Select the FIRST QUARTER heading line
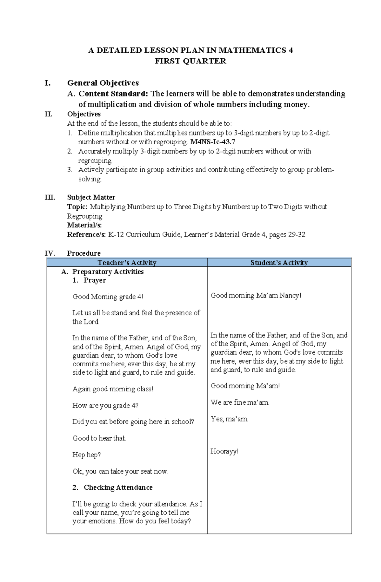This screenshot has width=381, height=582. pos(190,61)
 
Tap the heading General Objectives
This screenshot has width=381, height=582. pos(103,83)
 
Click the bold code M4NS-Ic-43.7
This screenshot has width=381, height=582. pos(212,142)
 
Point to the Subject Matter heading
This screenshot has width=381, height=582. pos(91,197)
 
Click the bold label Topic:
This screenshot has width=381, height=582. pos(77,207)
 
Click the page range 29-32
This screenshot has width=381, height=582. pos(297,235)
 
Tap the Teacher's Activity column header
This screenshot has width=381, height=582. pos(127,263)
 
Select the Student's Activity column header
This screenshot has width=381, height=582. pos(279,263)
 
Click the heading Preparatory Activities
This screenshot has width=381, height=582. pos(108,271)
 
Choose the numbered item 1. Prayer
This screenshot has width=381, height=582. pos(89,280)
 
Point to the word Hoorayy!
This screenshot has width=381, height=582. pos(224,451)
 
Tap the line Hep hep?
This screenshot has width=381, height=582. pos(86,455)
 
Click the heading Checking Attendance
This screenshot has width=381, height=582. pos(118,487)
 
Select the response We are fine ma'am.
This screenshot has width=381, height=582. pos(240,402)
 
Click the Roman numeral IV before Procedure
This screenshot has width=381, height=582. pos(50,253)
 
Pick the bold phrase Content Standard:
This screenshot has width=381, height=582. pos(113,94)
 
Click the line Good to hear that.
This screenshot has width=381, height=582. pos(99,438)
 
